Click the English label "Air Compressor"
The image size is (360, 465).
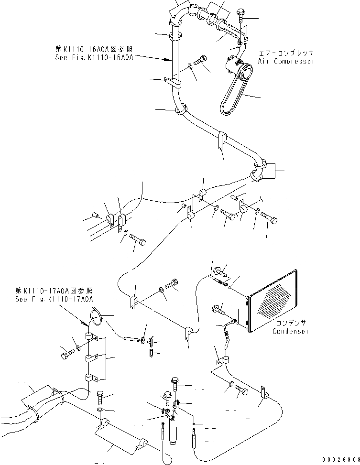coord(286,61)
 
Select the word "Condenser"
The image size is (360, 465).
coord(291,331)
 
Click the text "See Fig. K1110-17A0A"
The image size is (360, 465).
coord(54,299)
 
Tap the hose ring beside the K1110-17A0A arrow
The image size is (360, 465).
coord(95,318)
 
